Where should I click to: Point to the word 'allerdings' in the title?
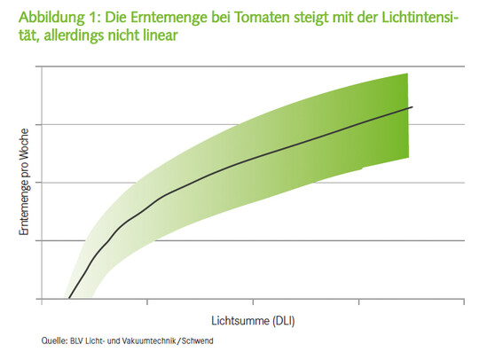pos(90,36)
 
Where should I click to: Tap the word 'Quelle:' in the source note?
pos(55,340)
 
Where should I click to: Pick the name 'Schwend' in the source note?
pos(198,340)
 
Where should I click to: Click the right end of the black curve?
pos(412,106)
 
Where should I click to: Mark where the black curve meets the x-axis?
pos(68,299)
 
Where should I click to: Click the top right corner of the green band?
pos(407,74)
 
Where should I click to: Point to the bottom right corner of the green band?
pos(407,158)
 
